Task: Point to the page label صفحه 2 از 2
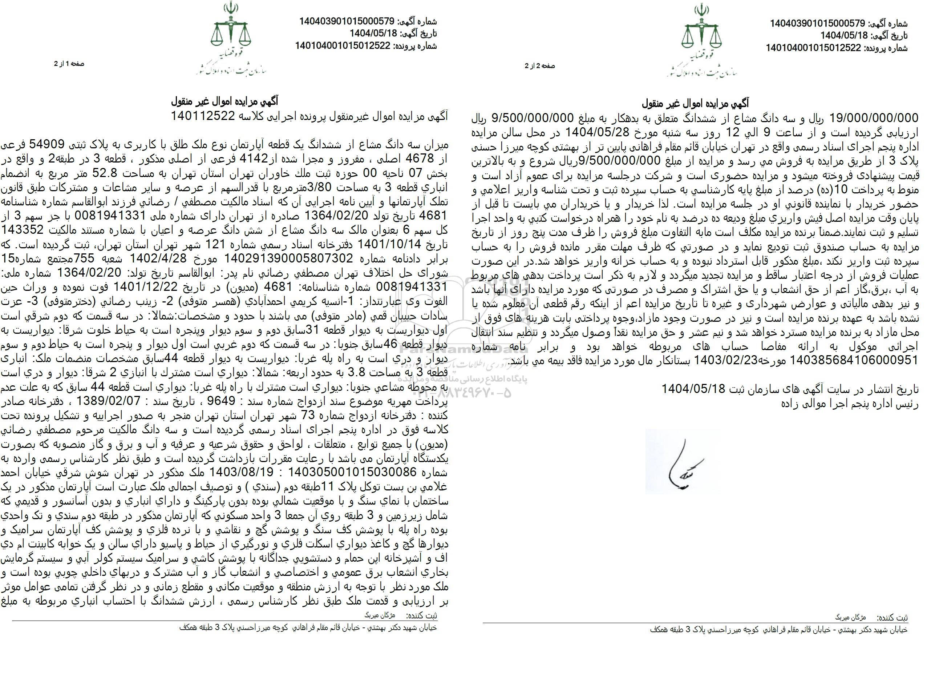pos(539,66)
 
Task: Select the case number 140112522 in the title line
pos(201,116)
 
